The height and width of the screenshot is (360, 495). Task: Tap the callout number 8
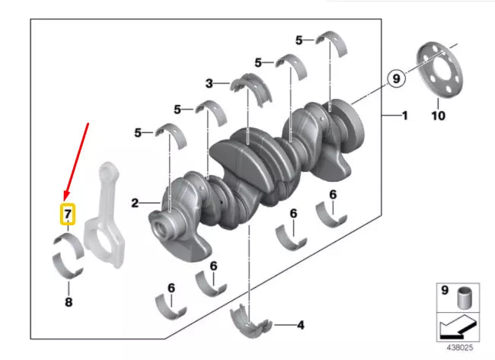(68, 302)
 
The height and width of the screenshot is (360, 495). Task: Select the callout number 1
(404, 116)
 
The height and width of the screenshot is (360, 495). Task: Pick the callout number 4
(300, 325)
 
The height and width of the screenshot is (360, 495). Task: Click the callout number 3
(209, 82)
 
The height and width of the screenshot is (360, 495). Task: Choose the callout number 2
(135, 203)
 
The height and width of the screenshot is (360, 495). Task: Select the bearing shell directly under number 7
(69, 245)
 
